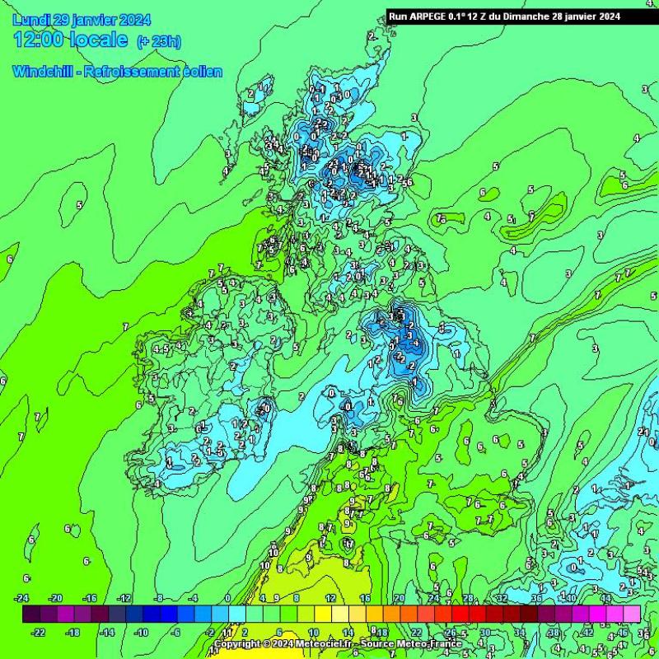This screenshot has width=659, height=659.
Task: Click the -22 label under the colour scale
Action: [38, 632]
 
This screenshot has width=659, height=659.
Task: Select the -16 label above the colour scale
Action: [91, 598]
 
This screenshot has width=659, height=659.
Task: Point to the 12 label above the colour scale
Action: [329, 598]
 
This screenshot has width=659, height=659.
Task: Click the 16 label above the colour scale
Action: [365, 598]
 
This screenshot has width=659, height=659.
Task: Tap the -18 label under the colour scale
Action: [72, 632]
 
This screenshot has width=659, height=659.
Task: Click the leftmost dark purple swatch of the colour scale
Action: [31, 615]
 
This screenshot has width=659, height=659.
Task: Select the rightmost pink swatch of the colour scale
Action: [632, 615]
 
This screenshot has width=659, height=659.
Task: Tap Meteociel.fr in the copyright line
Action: [320, 644]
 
